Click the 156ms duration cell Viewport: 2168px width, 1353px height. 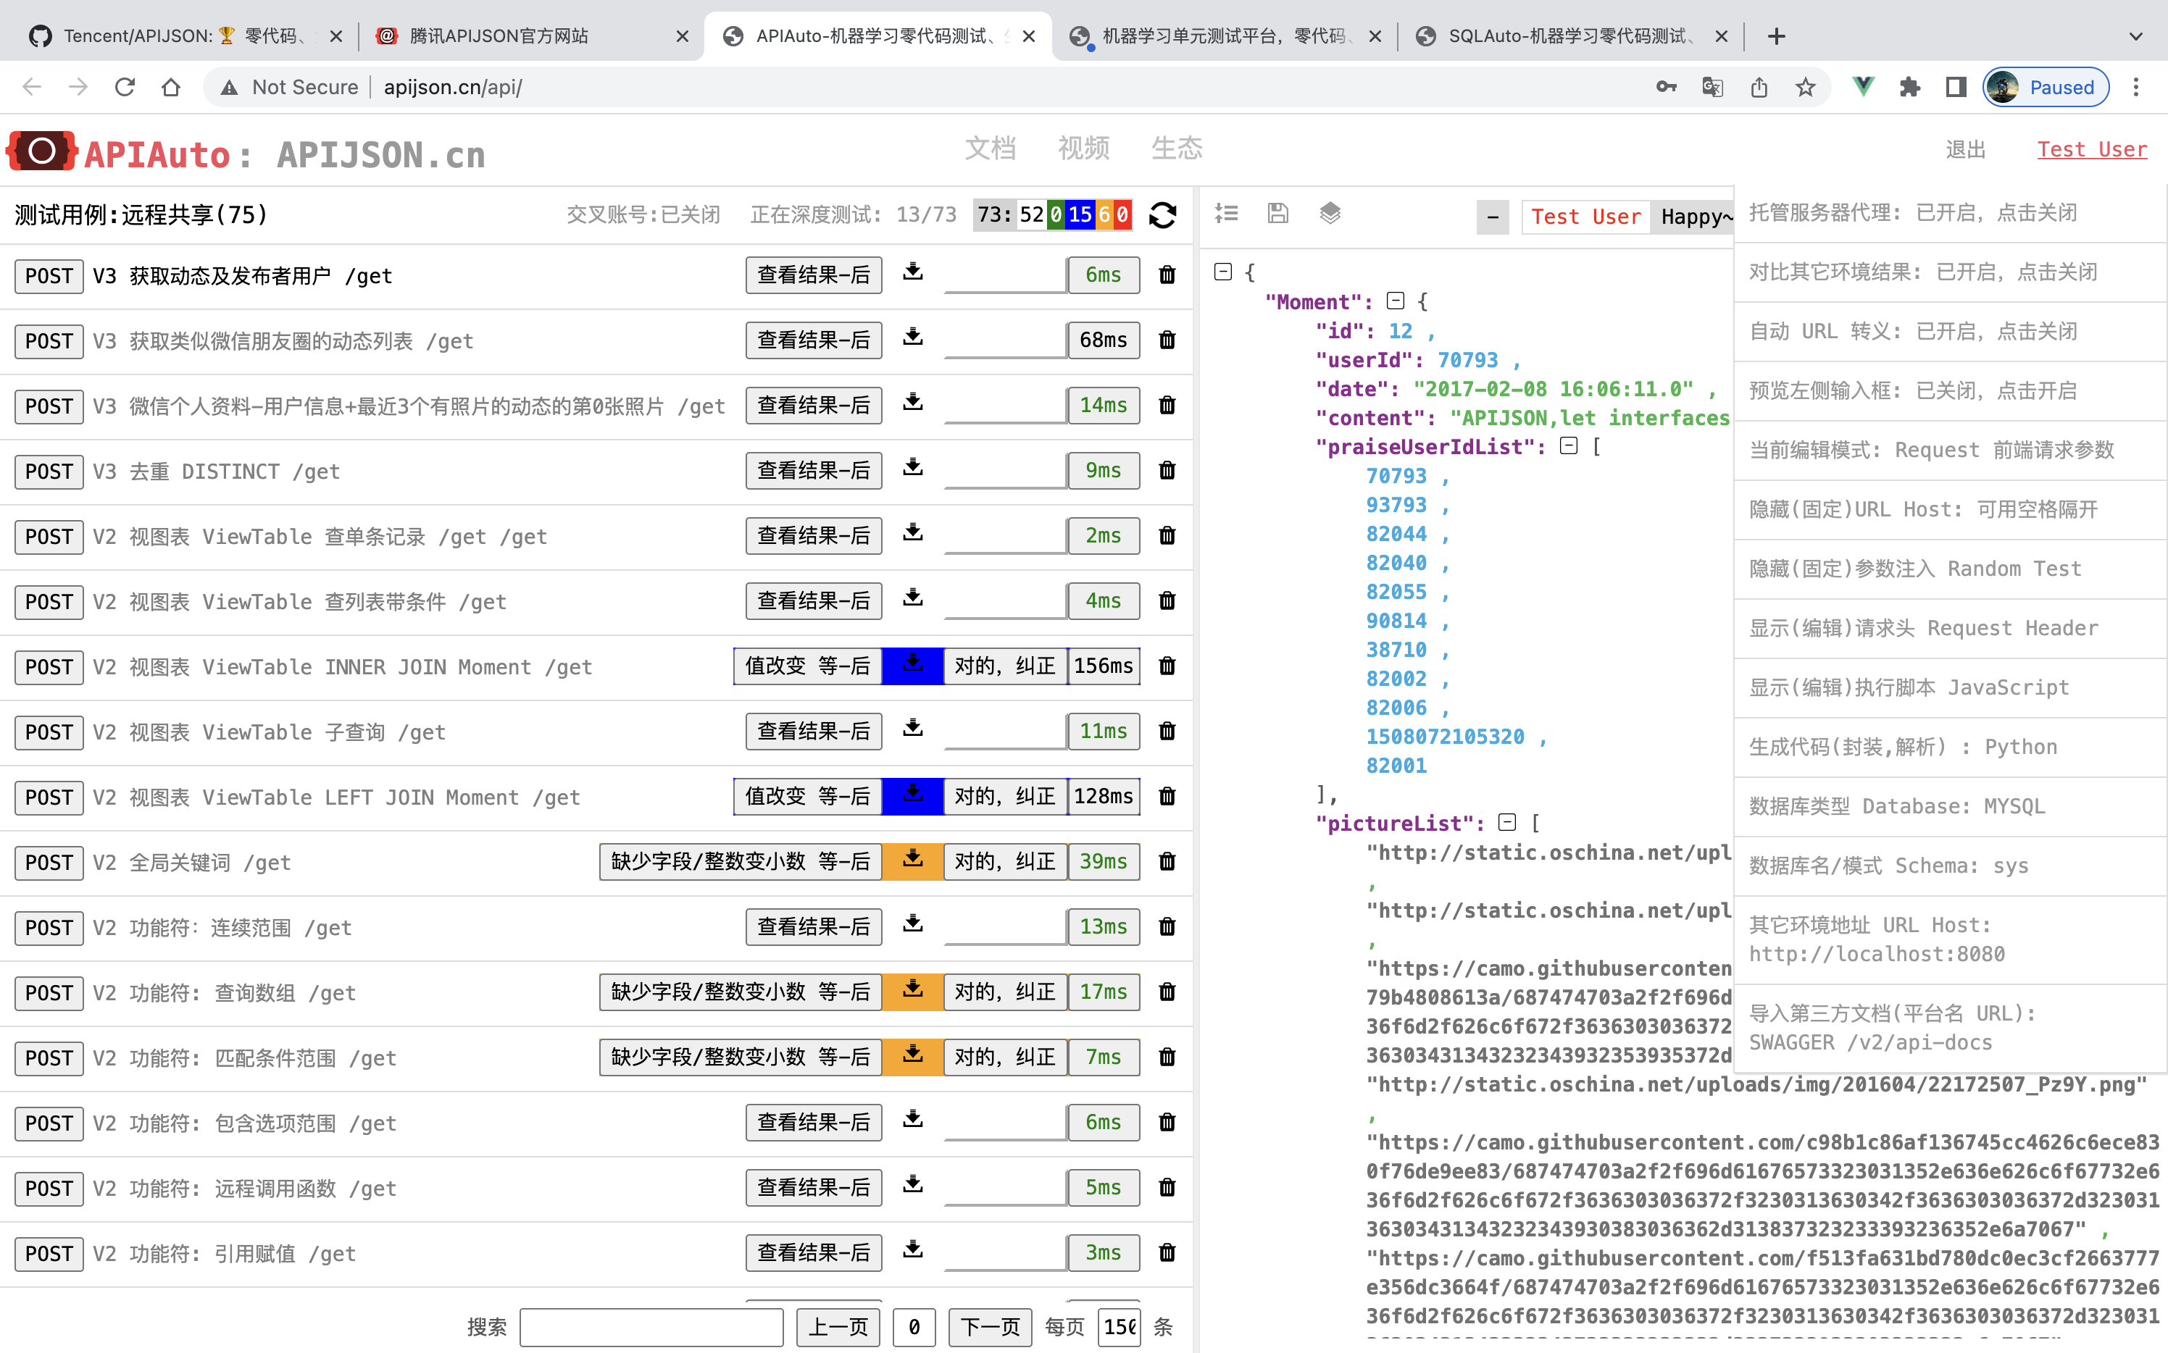pos(1103,666)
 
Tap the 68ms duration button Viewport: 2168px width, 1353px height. pos(1103,340)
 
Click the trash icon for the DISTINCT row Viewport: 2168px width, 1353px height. pos(1167,471)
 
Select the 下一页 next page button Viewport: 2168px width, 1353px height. pos(989,1326)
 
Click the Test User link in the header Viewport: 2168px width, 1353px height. pos(2091,149)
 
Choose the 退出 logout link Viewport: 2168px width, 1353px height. pos(1965,149)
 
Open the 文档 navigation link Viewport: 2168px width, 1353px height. pos(990,148)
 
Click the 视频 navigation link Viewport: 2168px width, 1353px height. pos(1083,148)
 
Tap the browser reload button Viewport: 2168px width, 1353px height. pos(125,87)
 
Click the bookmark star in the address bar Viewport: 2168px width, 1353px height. pos(1804,87)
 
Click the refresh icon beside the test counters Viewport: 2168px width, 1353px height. pos(1162,215)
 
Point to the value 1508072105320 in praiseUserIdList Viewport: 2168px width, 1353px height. pos(1444,737)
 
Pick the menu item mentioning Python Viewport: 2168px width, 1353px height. pos(1902,747)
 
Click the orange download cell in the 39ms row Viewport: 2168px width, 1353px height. pos(912,861)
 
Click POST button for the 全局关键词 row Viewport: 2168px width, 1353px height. pos(49,863)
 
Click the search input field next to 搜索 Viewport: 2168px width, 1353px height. pos(651,1326)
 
